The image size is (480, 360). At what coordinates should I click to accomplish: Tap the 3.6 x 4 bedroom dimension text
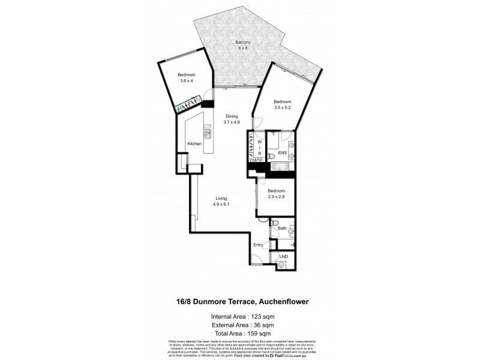[x=187, y=80]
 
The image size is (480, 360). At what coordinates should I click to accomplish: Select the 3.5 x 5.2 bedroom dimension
[x=282, y=107]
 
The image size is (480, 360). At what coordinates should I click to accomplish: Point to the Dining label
[x=231, y=116]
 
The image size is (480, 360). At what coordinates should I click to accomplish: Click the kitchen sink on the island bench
[x=207, y=133]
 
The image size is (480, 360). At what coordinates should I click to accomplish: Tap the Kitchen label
[x=194, y=144]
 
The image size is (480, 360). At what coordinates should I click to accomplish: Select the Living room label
[x=221, y=199]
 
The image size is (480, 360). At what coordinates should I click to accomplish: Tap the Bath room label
[x=281, y=228]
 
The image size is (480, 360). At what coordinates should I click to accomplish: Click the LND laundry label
[x=283, y=257]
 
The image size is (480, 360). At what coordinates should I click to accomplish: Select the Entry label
[x=259, y=244]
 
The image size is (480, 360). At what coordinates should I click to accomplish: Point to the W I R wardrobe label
[x=259, y=148]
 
